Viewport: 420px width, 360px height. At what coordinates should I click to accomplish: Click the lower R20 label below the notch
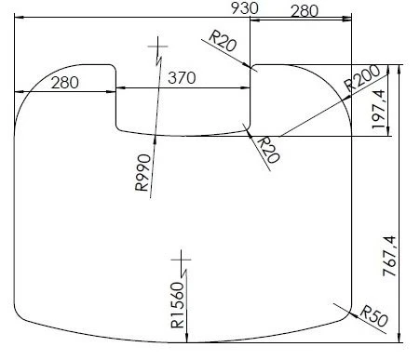point(267,148)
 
